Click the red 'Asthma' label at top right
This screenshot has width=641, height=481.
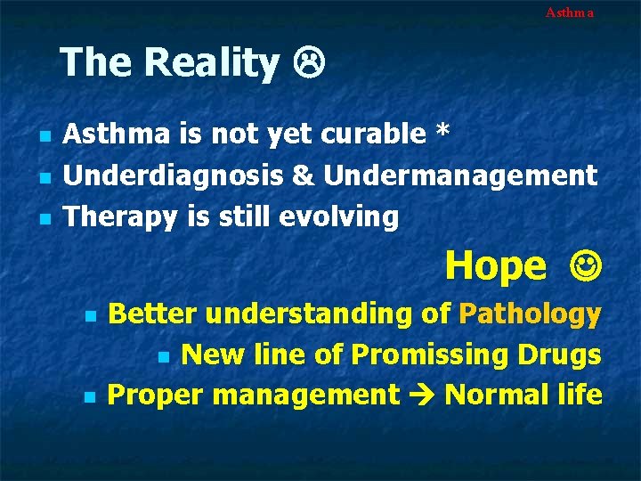(x=569, y=12)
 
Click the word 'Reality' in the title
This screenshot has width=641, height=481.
(x=211, y=62)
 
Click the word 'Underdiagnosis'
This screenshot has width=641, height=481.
(x=174, y=175)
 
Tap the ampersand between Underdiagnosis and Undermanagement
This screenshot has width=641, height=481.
(x=304, y=175)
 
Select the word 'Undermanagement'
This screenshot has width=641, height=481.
(x=460, y=175)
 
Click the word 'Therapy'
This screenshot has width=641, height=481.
(x=124, y=216)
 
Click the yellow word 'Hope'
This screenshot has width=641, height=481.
(x=496, y=265)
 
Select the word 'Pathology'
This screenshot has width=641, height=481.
(x=531, y=314)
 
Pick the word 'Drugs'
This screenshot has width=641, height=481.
(x=563, y=355)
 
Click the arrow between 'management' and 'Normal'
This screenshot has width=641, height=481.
(x=421, y=395)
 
